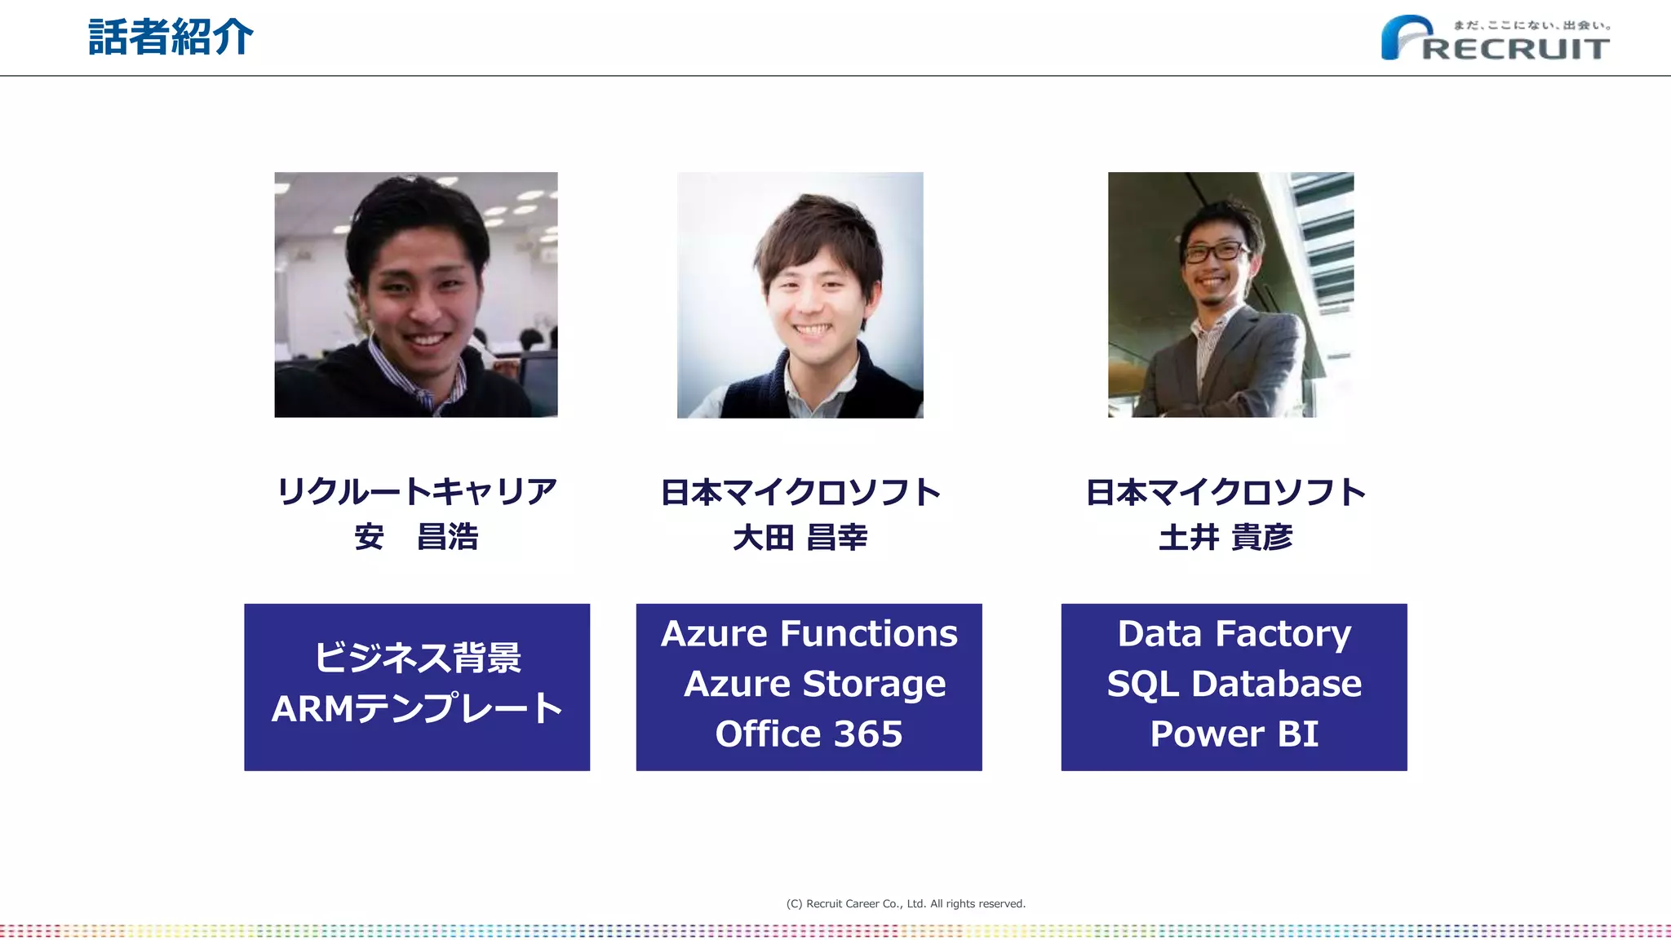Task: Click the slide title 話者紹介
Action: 171,38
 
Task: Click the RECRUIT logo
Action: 1496,39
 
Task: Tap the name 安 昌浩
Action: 416,537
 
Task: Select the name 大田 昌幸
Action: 800,538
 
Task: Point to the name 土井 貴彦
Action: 1226,538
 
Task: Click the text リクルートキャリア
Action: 417,491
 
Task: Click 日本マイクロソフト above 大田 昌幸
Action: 800,492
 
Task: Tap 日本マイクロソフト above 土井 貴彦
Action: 1226,492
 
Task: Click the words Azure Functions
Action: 809,634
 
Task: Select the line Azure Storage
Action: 814,684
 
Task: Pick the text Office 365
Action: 809,734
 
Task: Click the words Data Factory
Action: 1234,634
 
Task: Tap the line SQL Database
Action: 1234,684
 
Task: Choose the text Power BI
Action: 1234,734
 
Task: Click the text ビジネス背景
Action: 417,658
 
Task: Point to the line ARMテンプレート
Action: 417,708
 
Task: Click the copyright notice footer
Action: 906,903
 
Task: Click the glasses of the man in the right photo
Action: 1214,252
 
